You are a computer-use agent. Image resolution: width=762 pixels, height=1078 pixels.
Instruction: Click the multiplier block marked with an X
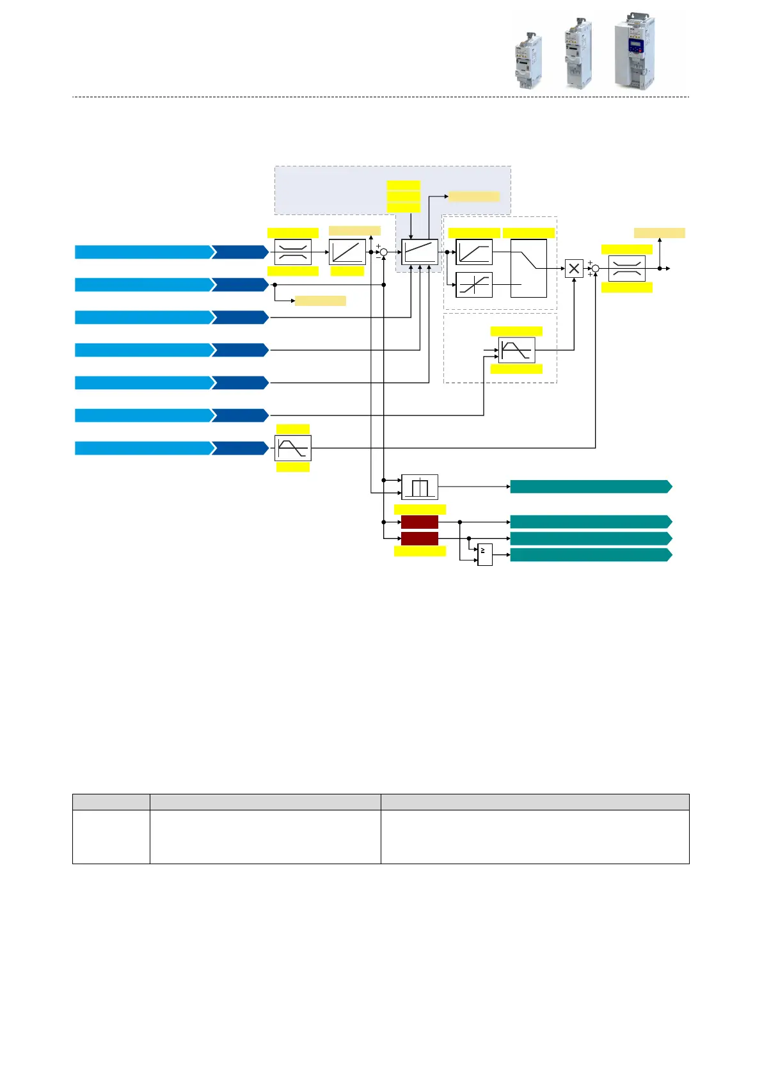[574, 268]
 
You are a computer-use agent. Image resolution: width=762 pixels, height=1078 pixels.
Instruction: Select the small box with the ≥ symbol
[484, 554]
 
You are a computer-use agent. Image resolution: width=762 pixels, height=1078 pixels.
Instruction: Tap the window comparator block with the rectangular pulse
[419, 487]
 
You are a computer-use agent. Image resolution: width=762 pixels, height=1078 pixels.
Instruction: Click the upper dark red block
[419, 522]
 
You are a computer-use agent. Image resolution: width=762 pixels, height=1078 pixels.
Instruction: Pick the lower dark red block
[419, 538]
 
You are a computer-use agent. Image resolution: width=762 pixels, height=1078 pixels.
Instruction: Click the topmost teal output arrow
[590, 487]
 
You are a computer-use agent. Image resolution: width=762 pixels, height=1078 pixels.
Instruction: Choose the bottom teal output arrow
[590, 554]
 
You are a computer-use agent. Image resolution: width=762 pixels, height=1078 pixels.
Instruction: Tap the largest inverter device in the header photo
[634, 51]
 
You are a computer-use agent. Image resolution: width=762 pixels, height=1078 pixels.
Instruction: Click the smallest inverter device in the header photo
[529, 60]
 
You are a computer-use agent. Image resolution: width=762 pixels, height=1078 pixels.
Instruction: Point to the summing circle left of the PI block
[384, 252]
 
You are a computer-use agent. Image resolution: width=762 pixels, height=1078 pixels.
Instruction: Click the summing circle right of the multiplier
[596, 268]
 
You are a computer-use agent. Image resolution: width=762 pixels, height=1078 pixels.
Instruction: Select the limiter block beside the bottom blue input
[292, 448]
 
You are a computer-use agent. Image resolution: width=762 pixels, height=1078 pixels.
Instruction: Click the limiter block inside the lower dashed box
[516, 350]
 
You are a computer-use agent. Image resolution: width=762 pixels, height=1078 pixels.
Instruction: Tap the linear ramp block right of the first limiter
[347, 252]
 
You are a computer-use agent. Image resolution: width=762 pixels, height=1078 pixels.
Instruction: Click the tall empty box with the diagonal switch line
[528, 268]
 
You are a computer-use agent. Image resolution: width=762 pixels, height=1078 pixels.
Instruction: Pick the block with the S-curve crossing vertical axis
[473, 285]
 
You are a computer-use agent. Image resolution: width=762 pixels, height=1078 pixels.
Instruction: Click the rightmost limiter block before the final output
[626, 268]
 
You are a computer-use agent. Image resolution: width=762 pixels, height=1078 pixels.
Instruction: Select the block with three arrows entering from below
[420, 252]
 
